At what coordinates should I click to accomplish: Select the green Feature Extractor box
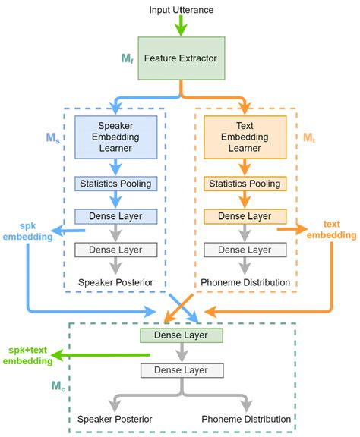[181, 57]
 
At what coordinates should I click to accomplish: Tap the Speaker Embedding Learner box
[115, 137]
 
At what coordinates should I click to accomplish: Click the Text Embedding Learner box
[245, 137]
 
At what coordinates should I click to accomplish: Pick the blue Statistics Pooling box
[115, 183]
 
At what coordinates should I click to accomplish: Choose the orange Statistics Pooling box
[245, 183]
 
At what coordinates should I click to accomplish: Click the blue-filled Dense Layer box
[115, 216]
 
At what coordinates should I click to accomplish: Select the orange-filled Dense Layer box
[245, 216]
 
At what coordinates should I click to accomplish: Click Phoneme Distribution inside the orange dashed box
[245, 283]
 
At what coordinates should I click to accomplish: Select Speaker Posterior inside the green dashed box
[115, 419]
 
